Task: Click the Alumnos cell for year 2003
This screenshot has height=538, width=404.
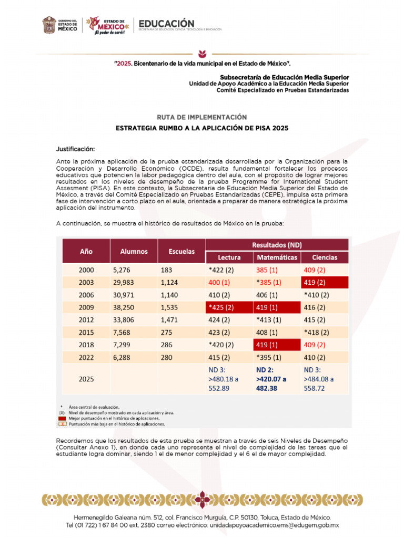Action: click(x=125, y=282)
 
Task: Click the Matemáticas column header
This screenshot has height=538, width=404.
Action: click(x=277, y=257)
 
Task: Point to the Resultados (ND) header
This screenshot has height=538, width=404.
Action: click(x=277, y=245)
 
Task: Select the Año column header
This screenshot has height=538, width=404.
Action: click(x=86, y=251)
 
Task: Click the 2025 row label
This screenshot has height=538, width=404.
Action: click(x=86, y=378)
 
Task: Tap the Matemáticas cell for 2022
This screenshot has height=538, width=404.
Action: click(x=269, y=358)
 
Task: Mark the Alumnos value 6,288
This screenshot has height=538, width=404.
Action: click(x=123, y=358)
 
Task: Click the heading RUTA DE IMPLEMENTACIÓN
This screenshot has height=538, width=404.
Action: click(x=202, y=117)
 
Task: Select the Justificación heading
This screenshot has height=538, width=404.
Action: click(x=76, y=149)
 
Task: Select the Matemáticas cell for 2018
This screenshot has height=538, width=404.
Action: click(x=269, y=345)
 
